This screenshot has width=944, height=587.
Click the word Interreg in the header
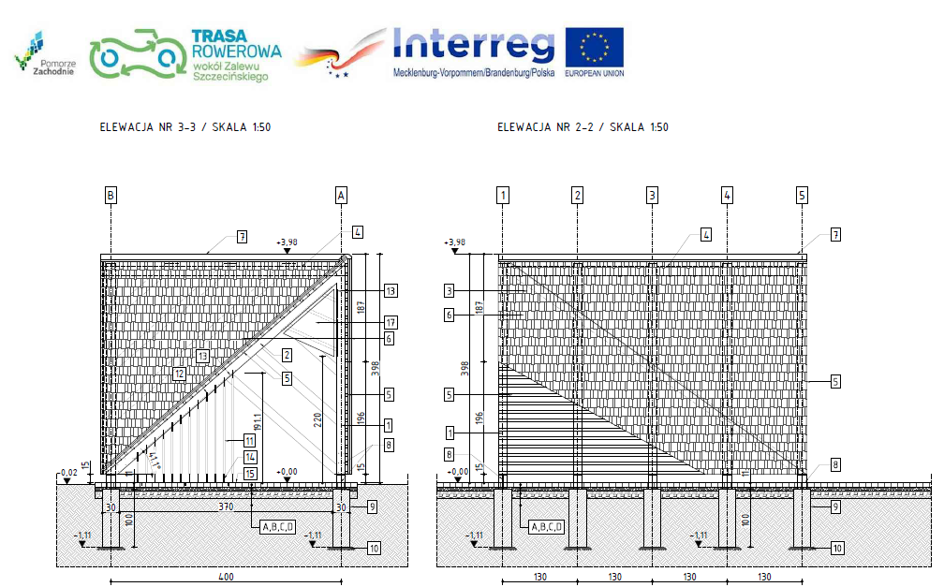(473, 43)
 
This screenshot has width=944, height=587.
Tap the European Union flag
(594, 47)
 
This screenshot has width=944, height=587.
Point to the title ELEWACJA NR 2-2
(583, 127)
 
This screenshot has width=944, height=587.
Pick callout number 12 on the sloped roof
(179, 373)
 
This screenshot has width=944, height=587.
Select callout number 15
(250, 474)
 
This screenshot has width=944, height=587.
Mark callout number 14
(250, 457)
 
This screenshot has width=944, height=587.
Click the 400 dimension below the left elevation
(225, 577)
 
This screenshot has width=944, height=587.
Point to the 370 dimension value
(225, 506)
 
